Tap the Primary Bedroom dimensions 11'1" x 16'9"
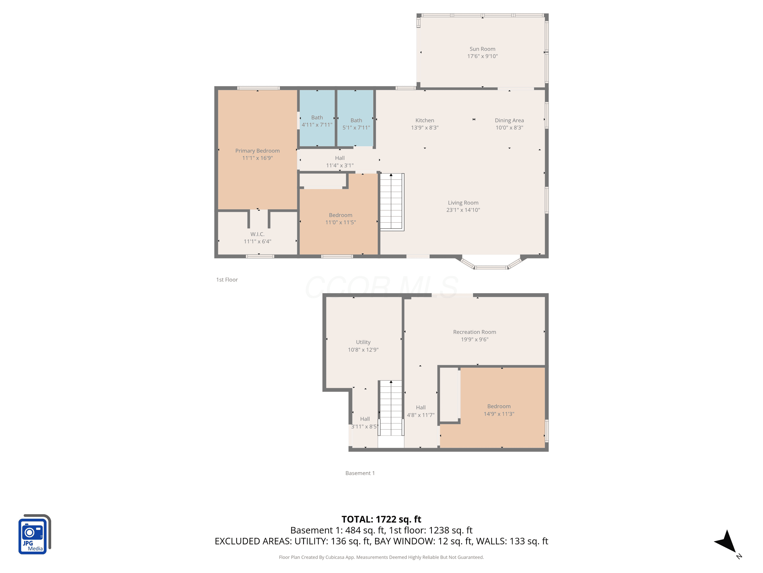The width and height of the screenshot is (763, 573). pos(257,158)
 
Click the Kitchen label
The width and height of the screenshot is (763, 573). pos(425,120)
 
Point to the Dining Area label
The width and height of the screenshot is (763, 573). pos(509,120)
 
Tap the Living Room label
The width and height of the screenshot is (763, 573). pos(463,203)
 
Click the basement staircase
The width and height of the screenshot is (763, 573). pos(391,408)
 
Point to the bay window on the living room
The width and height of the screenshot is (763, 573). pos(491,263)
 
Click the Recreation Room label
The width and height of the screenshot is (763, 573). pos(475,332)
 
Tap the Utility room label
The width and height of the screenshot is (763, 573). pos(363,342)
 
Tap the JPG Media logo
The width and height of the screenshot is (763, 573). pos(35,534)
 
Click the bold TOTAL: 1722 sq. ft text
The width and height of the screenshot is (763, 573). pos(381,519)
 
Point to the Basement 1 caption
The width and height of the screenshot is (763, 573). pos(360,473)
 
